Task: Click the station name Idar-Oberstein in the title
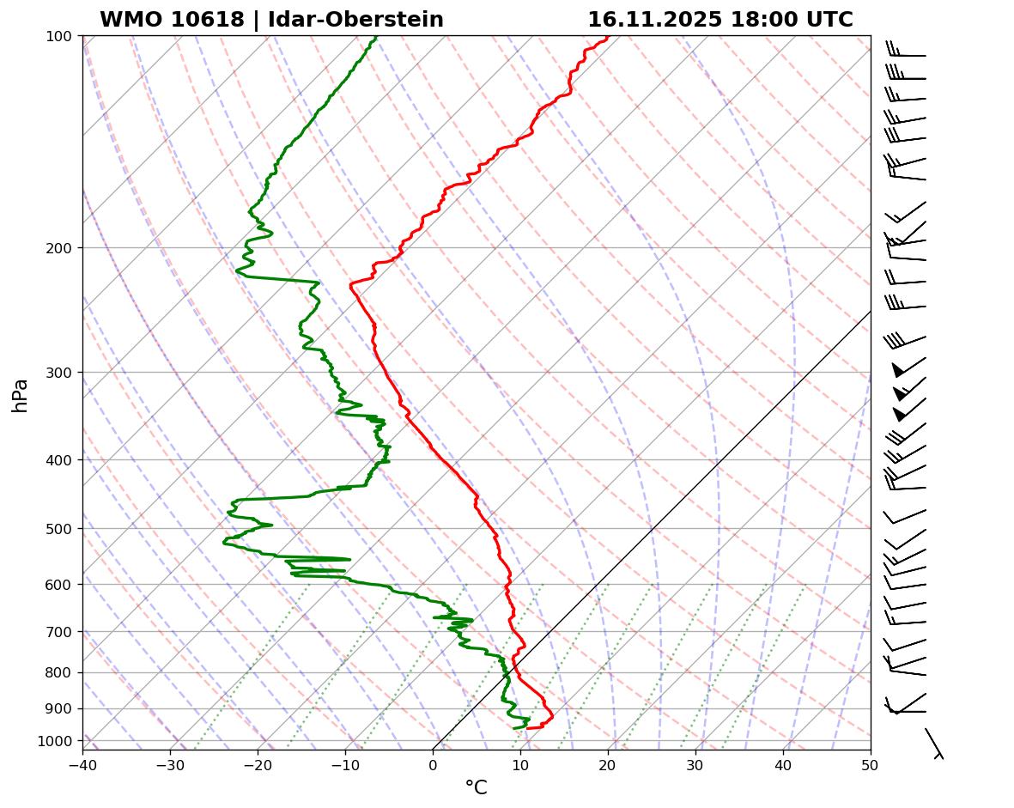(x=355, y=20)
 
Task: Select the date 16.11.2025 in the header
(x=654, y=20)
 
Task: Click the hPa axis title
(x=20, y=396)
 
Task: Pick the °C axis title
(x=476, y=788)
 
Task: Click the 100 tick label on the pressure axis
(x=59, y=36)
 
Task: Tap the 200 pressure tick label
(x=59, y=248)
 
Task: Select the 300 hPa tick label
(x=59, y=373)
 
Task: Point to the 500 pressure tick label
(x=59, y=529)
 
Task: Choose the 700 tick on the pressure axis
(x=59, y=632)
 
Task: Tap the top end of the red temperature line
(x=607, y=37)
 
